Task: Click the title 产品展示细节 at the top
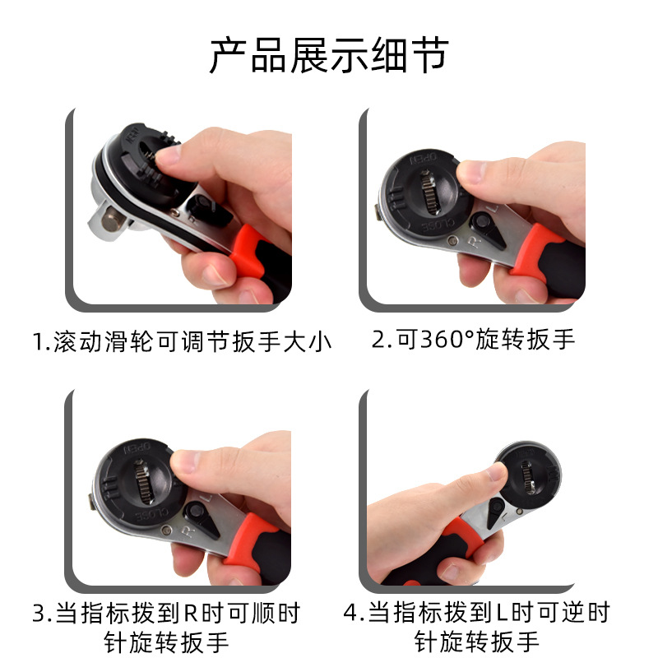[328, 56]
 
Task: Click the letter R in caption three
[189, 614]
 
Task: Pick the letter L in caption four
[501, 614]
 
